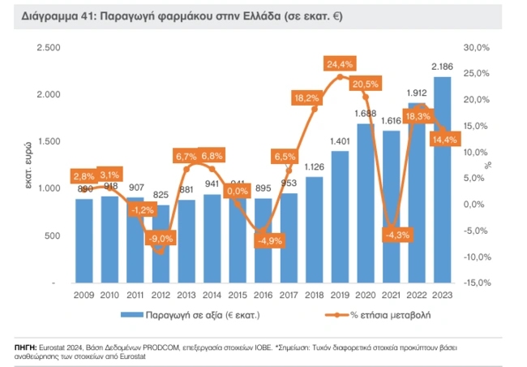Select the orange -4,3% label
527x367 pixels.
[x=391, y=235]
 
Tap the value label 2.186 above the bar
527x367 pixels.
[x=442, y=66]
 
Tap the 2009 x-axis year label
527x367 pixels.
[x=84, y=296]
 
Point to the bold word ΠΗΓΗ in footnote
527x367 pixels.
[x=27, y=346]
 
